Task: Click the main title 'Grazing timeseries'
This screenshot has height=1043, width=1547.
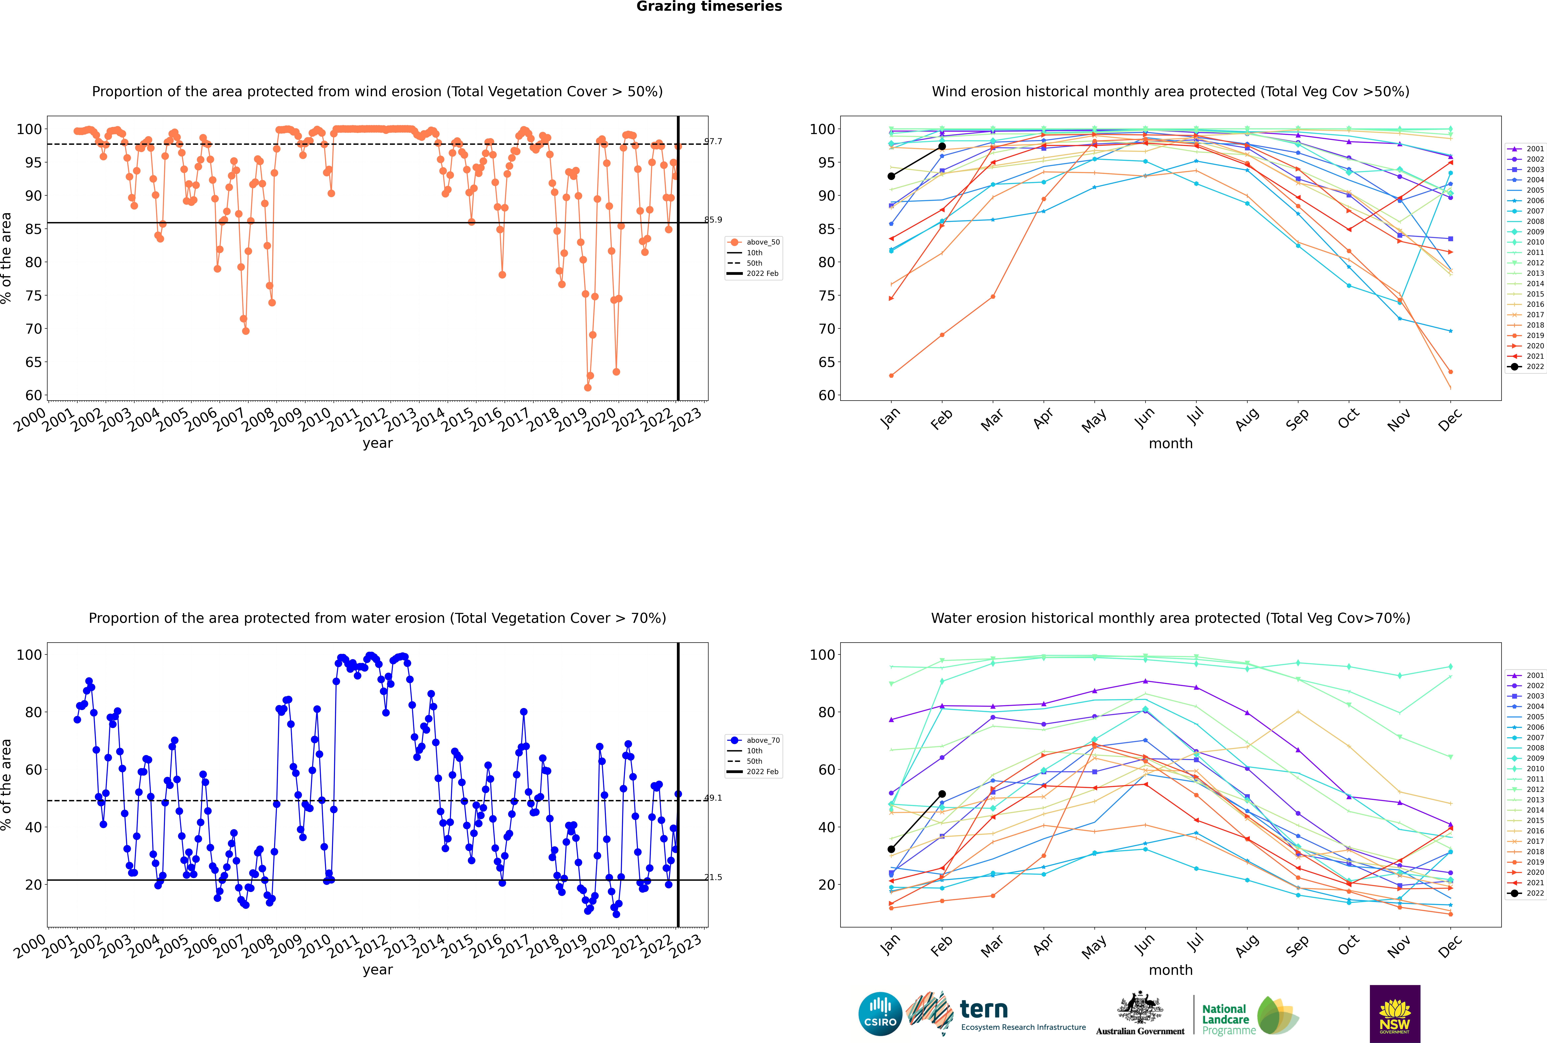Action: (x=709, y=7)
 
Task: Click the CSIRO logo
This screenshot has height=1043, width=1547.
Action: (x=880, y=1014)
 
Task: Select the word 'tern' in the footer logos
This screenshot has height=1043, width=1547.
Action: (x=984, y=1010)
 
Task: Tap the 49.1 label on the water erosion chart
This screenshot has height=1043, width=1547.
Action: (x=713, y=798)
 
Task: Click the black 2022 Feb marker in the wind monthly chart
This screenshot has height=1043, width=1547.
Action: (x=942, y=146)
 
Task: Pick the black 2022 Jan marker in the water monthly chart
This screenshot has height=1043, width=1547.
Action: (x=891, y=849)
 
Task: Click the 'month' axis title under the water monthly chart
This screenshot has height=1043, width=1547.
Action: (x=1171, y=971)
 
